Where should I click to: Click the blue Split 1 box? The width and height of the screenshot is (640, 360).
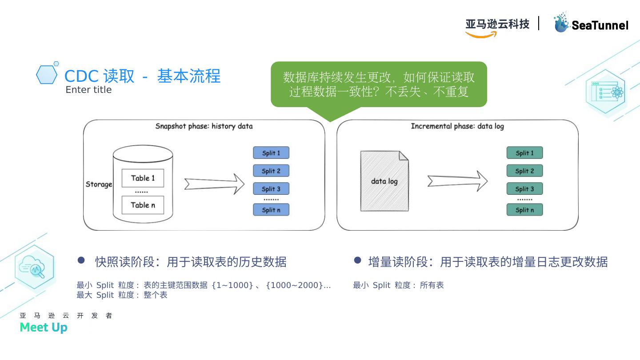tap(271, 153)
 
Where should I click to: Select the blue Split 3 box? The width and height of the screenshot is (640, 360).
tap(271, 189)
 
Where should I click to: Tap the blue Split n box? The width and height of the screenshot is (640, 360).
tap(271, 210)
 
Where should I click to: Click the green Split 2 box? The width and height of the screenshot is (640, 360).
tap(524, 171)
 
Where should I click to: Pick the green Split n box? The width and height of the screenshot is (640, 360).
tap(524, 210)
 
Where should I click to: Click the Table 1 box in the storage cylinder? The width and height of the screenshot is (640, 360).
tap(143, 178)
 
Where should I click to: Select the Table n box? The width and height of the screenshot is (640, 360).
tap(143, 205)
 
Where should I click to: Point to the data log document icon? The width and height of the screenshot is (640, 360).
tap(384, 181)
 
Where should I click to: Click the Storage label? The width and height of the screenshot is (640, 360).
tap(99, 184)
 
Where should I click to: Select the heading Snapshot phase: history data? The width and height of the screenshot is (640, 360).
tap(204, 126)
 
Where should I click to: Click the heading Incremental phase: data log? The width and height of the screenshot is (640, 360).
tap(457, 126)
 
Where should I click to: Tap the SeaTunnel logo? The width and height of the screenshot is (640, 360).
tap(591, 23)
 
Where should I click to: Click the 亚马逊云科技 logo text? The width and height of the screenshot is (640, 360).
tap(497, 24)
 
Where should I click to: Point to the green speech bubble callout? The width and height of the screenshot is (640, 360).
tap(379, 84)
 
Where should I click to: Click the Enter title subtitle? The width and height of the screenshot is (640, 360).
tap(88, 90)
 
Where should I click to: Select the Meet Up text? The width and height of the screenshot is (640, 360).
tap(44, 328)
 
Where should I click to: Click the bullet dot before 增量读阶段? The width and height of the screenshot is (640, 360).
tap(357, 260)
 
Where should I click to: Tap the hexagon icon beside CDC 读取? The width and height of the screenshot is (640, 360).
tap(47, 75)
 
